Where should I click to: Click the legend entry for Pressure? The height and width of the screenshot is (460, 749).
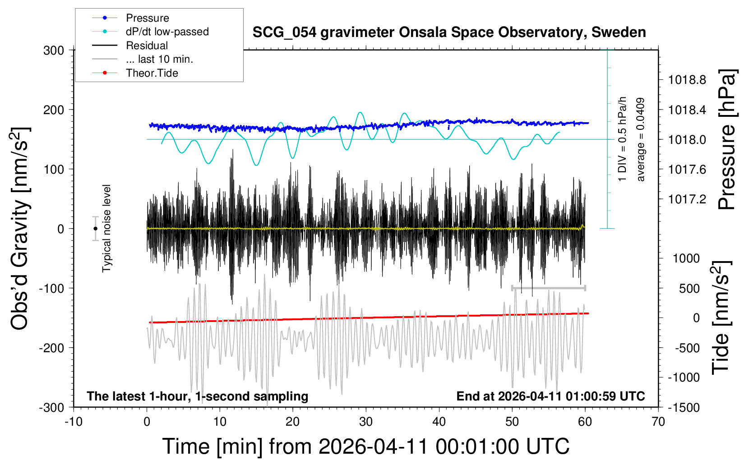tap(147, 18)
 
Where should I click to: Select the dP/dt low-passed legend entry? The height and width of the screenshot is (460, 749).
tap(167, 32)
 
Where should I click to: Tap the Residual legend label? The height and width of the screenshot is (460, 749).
tap(147, 46)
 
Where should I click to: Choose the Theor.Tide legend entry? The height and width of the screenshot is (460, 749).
tap(152, 73)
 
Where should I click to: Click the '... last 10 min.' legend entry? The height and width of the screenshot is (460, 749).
tap(159, 59)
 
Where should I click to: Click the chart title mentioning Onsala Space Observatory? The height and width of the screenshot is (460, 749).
tap(449, 32)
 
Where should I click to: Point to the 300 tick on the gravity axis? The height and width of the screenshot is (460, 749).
tap(54, 50)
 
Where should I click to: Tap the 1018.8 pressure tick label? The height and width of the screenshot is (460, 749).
tap(687, 80)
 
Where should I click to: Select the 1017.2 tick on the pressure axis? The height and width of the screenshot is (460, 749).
tap(687, 199)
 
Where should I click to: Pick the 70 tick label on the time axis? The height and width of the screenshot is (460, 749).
tap(658, 422)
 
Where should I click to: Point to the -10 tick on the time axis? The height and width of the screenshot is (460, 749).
tap(74, 422)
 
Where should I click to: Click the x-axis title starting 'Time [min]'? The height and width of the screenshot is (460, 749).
tap(365, 446)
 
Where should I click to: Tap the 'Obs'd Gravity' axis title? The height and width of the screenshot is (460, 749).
tap(20, 229)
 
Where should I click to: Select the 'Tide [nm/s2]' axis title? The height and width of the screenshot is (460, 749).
tap(721, 318)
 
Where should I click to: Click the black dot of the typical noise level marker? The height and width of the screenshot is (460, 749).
tap(95, 229)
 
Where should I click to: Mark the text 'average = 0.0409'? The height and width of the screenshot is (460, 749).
tap(640, 140)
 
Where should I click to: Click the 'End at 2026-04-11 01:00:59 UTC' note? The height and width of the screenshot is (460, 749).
tap(550, 396)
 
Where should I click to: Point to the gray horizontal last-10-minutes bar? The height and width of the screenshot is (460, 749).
tap(548, 288)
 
